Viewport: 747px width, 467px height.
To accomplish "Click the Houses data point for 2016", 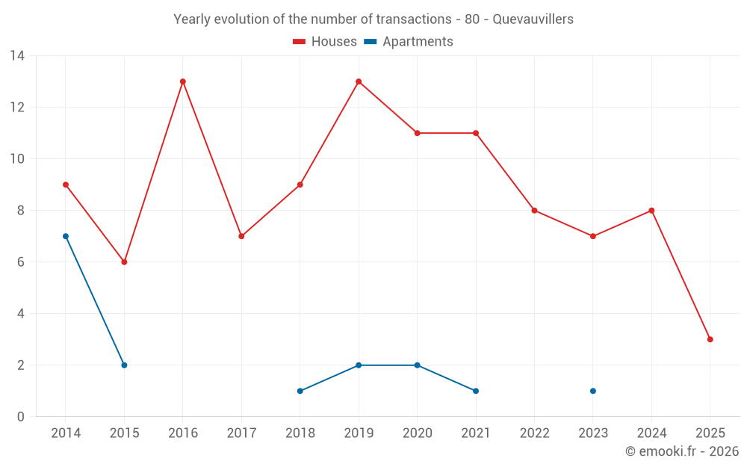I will click(x=183, y=81).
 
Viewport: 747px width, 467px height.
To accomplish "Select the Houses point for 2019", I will click(x=359, y=81).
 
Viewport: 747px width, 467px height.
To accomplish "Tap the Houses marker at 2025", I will click(x=710, y=339).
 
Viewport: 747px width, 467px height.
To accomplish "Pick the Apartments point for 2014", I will click(x=66, y=236).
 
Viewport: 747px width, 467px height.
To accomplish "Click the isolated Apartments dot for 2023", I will click(x=593, y=391).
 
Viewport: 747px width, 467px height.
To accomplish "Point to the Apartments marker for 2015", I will click(x=124, y=365).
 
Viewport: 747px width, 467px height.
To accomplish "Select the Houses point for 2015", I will click(x=124, y=262).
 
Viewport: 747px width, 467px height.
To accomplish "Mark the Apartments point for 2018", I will click(x=300, y=391).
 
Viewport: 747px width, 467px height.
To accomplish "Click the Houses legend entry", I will click(x=325, y=42).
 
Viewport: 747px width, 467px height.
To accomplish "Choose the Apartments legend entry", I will click(x=409, y=42).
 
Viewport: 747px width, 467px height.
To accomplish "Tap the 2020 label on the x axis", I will click(x=417, y=433).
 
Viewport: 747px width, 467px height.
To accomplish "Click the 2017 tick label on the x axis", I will click(x=241, y=433).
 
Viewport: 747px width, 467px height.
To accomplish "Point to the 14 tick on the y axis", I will click(x=16, y=56).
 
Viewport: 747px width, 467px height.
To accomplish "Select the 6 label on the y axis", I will click(x=20, y=262).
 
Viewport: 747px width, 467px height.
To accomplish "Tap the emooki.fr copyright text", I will click(x=682, y=451).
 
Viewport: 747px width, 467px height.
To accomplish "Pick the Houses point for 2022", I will click(x=534, y=211).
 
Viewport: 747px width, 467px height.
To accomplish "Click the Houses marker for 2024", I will click(x=651, y=211).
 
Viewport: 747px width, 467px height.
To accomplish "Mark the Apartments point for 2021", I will click(x=476, y=391).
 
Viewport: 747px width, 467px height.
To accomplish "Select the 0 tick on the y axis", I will click(x=20, y=417).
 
